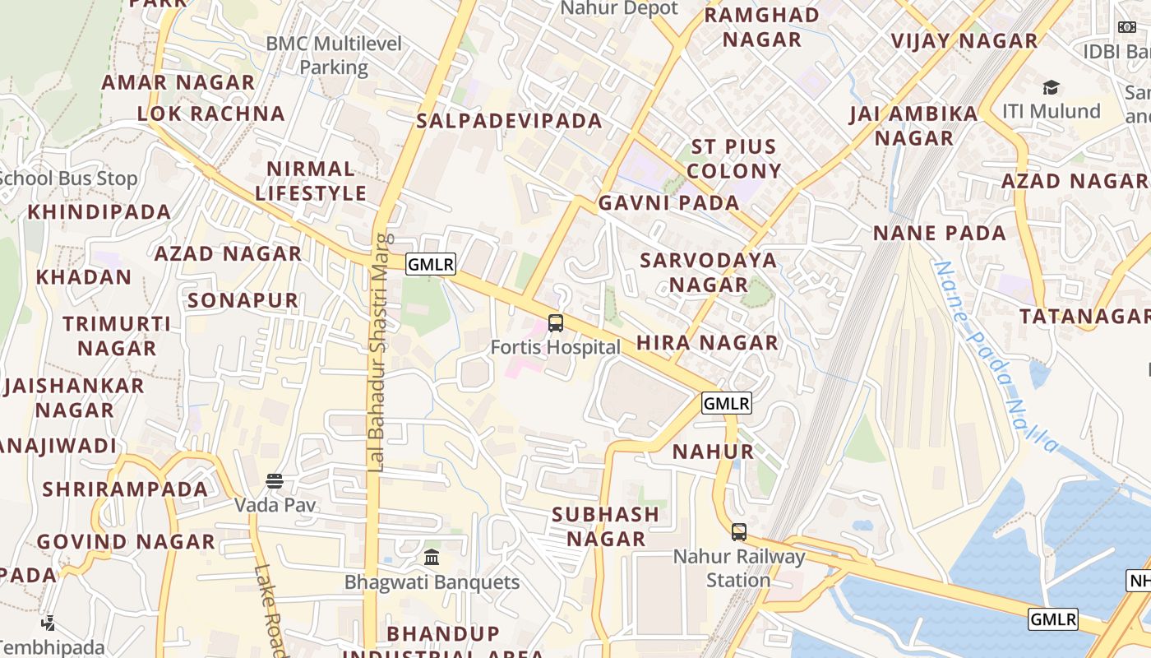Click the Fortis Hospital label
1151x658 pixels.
556,347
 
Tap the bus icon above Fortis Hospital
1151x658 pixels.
556,323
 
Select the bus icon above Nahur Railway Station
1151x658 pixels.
739,532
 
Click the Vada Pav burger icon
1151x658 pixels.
275,481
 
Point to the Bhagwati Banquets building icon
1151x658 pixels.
432,558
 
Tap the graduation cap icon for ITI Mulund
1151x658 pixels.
1051,87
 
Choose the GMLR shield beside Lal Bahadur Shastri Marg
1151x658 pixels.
431,264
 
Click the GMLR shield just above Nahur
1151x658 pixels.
727,403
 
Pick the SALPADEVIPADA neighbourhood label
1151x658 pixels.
510,121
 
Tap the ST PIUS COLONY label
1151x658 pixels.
734,159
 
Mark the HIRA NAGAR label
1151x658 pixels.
707,342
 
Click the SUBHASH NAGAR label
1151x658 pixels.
606,526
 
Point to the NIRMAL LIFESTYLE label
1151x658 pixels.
311,181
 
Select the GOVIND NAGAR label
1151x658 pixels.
126,542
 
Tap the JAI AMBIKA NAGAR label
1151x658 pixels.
914,125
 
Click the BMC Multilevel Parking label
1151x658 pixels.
334,55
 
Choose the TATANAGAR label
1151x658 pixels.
1084,317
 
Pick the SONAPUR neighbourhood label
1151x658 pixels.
243,300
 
